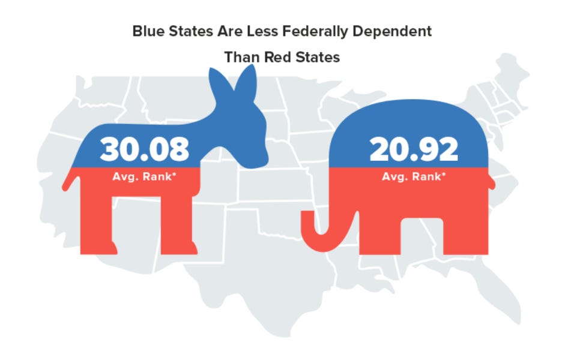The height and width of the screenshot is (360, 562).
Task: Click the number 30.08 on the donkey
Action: (x=145, y=149)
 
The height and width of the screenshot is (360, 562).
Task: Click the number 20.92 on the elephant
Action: (x=414, y=149)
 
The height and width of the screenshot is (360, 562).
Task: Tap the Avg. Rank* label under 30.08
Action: (x=145, y=177)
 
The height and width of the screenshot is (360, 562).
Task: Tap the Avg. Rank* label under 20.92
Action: (x=414, y=177)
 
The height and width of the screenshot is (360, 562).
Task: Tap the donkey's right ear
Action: (x=246, y=81)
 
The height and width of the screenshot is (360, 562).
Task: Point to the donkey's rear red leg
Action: (x=98, y=228)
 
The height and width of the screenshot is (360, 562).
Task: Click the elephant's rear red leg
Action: (x=465, y=234)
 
